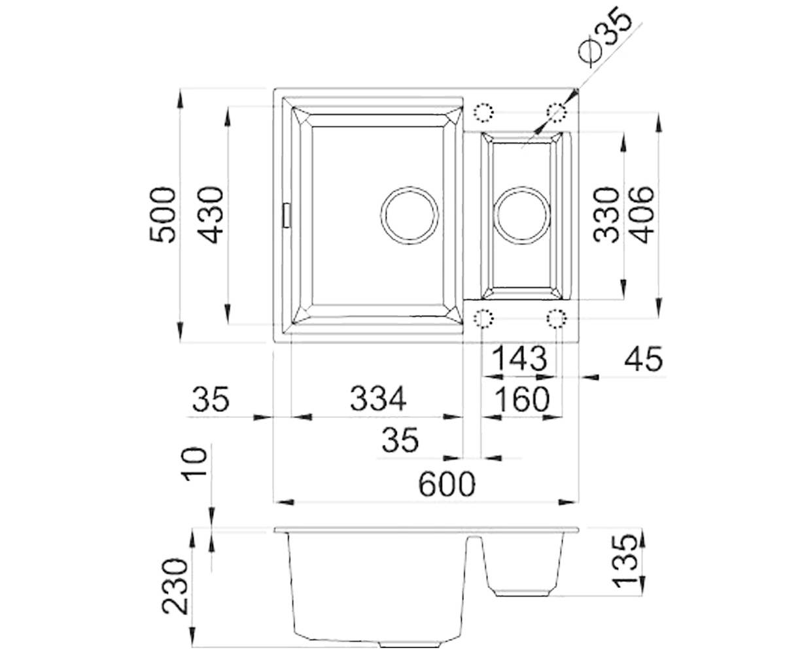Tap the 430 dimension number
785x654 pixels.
tap(211, 215)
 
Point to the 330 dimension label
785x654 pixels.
tap(606, 215)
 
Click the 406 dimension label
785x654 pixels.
tap(641, 215)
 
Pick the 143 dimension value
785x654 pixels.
tap(519, 358)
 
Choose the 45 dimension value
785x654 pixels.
tap(644, 358)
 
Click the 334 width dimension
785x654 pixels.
tap(378, 398)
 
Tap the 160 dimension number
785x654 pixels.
tap(522, 399)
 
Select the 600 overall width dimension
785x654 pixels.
tap(447, 484)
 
